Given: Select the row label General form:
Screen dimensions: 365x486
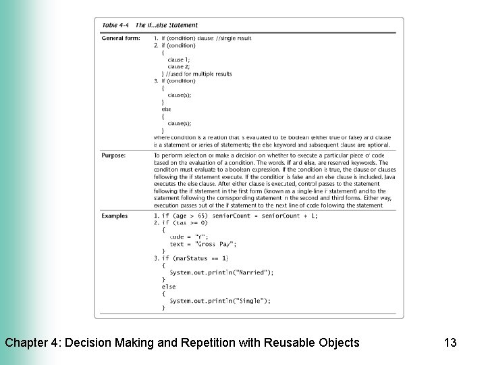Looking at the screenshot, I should tap(121, 39).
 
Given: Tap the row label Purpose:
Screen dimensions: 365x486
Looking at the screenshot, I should tap(113, 155).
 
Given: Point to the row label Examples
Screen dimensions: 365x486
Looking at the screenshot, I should tap(115, 216).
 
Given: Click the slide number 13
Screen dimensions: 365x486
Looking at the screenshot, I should tap(450, 343).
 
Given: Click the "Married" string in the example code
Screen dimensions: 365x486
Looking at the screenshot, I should tap(252, 272).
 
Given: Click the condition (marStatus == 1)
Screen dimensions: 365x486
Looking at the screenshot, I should tap(200, 258).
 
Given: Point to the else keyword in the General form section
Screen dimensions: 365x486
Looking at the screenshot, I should tap(166, 109).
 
